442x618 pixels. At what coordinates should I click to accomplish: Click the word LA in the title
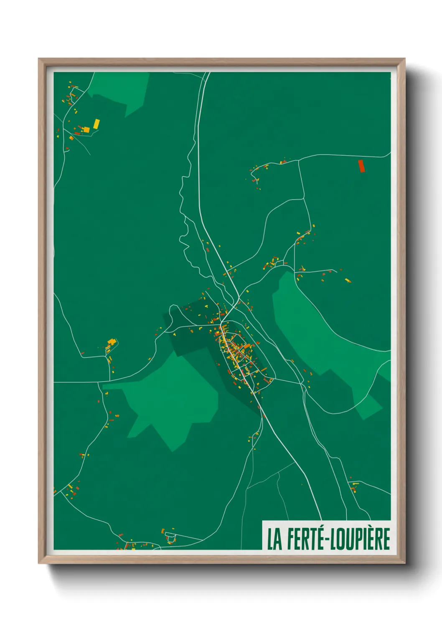274,539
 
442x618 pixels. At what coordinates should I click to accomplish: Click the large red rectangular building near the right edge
362,166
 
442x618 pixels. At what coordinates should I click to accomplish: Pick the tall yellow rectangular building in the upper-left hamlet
97,124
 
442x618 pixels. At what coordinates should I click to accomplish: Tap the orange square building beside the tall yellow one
86,130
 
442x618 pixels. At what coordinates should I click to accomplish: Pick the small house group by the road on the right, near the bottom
354,486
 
